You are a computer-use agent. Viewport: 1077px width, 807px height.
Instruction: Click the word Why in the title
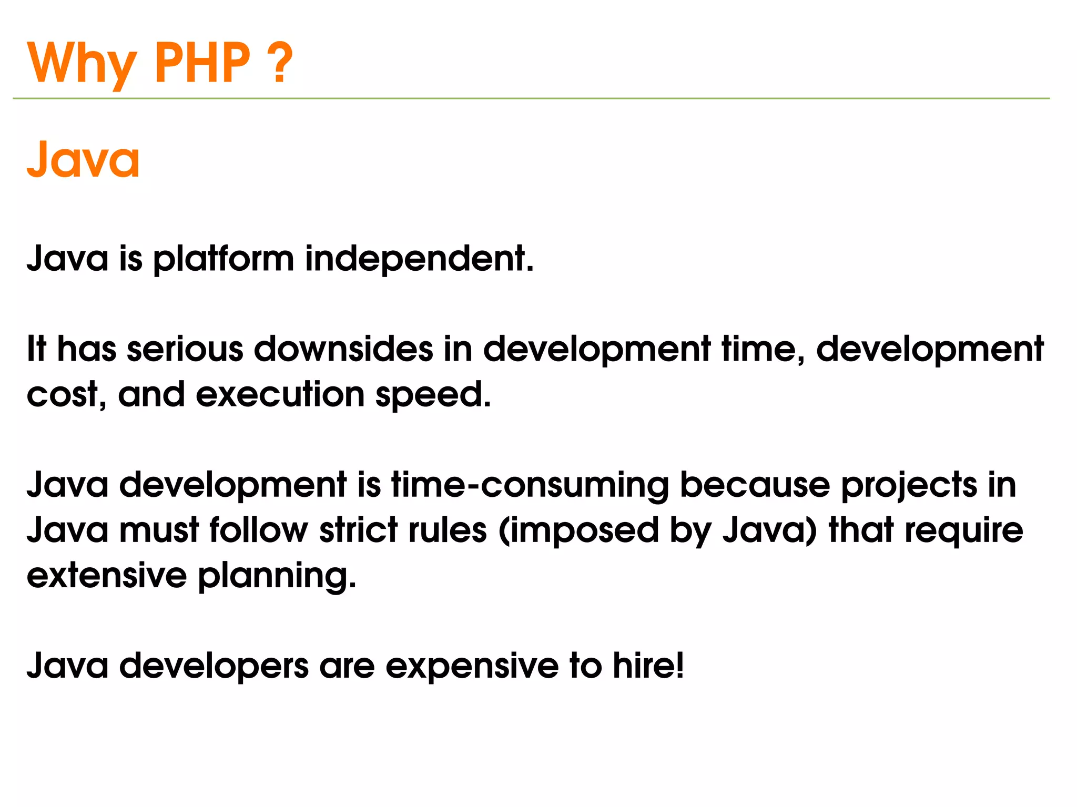[82, 64]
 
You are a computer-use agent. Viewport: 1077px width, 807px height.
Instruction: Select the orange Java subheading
[83, 159]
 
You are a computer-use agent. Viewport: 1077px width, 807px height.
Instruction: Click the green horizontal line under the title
[531, 98]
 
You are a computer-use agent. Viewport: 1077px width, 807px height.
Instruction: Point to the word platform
[223, 259]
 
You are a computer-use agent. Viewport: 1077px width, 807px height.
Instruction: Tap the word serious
[185, 349]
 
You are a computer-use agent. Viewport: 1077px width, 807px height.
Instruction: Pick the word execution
[280, 394]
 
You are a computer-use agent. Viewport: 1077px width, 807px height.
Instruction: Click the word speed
[433, 395]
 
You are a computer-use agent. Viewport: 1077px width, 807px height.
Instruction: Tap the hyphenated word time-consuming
[530, 485]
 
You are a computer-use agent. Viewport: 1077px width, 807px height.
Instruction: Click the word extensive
[107, 575]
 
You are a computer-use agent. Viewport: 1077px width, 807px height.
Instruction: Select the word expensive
[472, 667]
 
